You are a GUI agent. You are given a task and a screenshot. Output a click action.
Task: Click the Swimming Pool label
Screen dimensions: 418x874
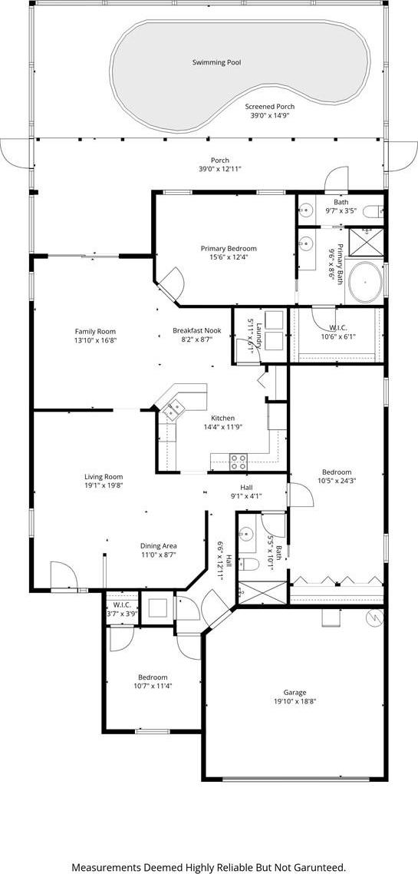(x=216, y=63)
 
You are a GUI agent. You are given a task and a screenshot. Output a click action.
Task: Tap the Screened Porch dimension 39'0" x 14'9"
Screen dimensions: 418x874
(x=270, y=115)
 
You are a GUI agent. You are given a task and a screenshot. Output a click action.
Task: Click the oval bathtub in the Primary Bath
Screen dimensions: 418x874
(x=364, y=282)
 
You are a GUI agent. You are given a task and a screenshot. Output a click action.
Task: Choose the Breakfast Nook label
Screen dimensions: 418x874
(x=196, y=330)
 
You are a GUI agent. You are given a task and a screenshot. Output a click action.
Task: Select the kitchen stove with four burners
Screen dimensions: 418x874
(x=239, y=462)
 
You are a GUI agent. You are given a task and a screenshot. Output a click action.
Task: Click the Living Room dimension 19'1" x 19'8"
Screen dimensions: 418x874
(x=104, y=485)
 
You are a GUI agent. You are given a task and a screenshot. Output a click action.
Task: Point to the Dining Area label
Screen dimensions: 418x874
(x=159, y=546)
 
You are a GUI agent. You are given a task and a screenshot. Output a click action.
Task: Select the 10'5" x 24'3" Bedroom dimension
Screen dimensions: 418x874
(x=336, y=481)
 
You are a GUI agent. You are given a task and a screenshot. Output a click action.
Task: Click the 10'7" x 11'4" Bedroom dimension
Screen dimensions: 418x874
(x=153, y=686)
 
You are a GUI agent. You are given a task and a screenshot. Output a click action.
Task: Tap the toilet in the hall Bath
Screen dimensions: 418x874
(x=248, y=564)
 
